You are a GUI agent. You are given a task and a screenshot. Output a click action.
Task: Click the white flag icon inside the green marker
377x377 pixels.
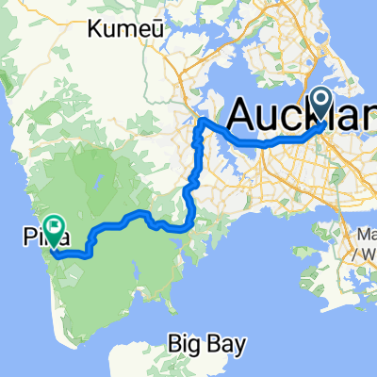pos(55,225)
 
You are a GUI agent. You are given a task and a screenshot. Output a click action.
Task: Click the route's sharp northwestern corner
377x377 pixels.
pos(201,121)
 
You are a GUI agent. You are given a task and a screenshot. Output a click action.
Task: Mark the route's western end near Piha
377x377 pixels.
pos(54,253)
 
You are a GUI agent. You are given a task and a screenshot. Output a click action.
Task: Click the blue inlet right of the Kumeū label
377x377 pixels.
pos(179,38)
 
